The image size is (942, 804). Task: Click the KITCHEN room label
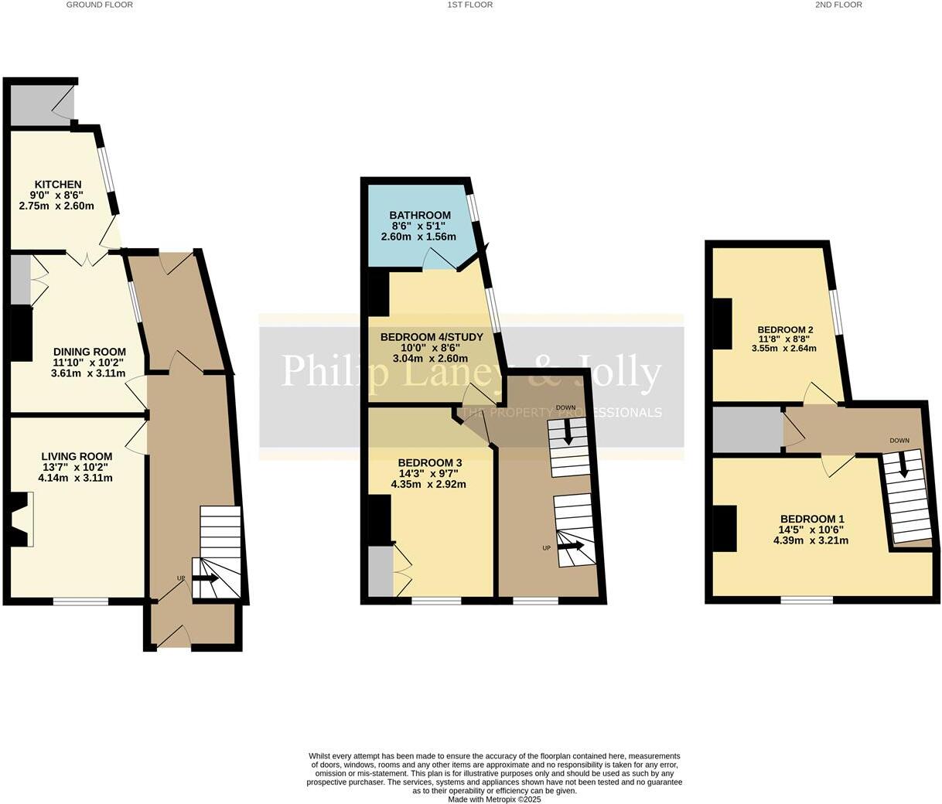pos(57,185)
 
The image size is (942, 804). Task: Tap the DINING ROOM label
pos(89,352)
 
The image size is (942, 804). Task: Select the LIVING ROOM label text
pos(77,456)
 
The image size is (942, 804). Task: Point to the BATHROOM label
pos(419,215)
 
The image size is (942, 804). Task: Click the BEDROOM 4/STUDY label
pos(432,337)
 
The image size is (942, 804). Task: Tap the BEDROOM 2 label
pos(784,329)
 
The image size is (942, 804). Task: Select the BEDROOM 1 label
pos(811,519)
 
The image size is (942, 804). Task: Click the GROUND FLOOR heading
pos(99,5)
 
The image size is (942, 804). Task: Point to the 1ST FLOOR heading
pos(469,5)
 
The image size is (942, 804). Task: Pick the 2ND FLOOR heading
pos(838,5)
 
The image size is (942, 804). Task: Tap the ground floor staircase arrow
pos(205,578)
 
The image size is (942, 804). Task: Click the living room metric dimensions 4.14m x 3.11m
pos(77,478)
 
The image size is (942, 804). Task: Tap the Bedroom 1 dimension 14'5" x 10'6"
pos(811,530)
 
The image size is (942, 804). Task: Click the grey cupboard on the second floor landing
pos(747,430)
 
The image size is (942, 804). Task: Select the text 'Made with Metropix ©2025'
pos(494,799)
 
